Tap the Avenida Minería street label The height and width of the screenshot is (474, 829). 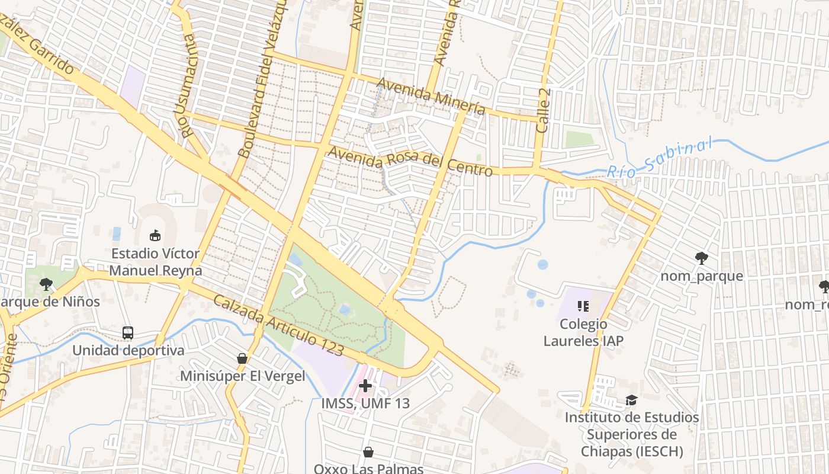430,96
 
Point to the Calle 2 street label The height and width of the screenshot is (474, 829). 544,111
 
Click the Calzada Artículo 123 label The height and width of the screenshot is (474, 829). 278,326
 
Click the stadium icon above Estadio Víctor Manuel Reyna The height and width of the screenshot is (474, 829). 155,236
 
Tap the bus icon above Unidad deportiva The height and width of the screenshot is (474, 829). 128,332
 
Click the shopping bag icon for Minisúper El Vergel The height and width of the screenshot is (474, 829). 242,358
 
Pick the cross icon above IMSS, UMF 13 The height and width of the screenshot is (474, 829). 365,386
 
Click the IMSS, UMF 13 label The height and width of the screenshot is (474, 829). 365,403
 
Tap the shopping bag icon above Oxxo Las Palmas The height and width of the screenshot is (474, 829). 368,453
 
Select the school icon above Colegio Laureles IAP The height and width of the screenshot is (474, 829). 583,306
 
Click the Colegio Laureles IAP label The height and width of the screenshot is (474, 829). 583,332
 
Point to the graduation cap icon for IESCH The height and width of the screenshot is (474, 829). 632,401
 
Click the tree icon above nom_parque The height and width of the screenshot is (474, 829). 702,258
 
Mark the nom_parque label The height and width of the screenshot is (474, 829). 702,276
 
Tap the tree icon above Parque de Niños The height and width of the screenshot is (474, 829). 46,284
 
